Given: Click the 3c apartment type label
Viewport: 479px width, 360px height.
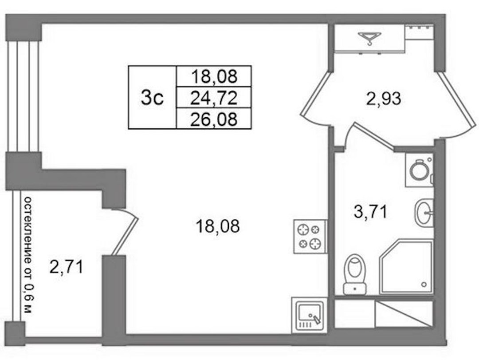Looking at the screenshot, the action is pos(152,98).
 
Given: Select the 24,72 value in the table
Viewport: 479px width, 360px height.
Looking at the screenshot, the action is pos(214,98).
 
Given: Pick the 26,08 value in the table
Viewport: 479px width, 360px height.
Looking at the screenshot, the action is pos(214,119).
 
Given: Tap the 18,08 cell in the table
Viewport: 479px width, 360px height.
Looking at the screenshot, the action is pos(214,76).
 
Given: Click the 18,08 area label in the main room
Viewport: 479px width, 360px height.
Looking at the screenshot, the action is pos(217,226).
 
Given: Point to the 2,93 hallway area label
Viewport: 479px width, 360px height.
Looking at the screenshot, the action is pos(383,99).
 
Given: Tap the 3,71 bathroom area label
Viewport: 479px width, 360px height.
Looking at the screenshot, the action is pos(370,212).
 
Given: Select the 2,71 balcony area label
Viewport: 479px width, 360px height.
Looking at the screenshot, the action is pos(66,268).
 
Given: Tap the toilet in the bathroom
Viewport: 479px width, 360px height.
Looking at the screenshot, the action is pos(355,274).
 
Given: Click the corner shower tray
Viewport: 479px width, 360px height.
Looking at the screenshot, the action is pos(406,267).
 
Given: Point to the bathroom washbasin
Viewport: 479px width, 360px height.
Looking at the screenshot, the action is pos(424,213).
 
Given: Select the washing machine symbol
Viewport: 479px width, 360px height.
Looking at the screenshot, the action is pos(419,170).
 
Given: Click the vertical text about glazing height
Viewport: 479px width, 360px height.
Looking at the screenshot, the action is pos(28,255).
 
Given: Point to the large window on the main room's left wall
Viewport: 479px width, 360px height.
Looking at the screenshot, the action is pos(24,96).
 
